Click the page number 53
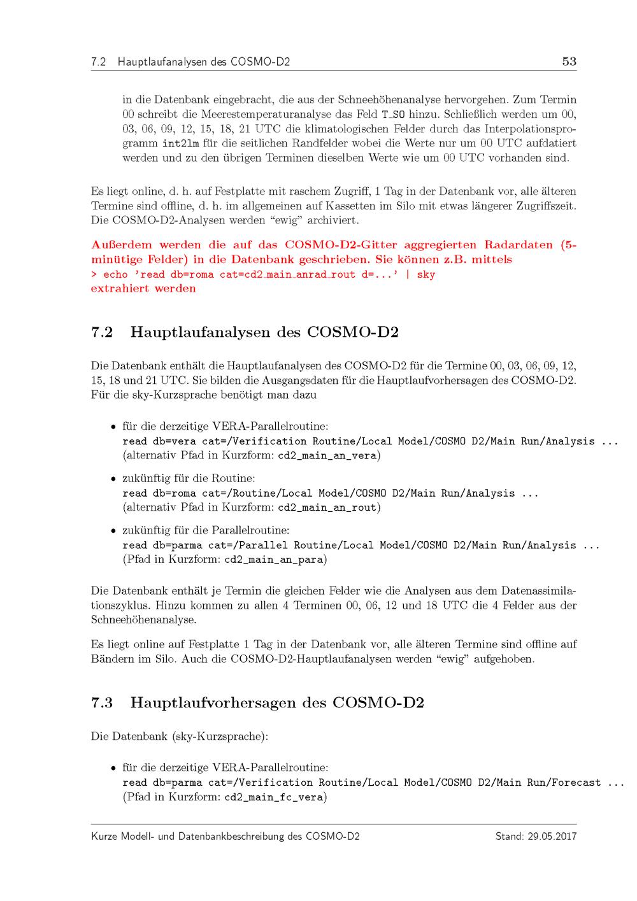click(569, 61)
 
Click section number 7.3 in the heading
click(102, 703)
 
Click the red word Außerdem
click(121, 245)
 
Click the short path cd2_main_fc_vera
click(275, 797)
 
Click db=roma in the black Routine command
click(174, 493)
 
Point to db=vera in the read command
click(174, 441)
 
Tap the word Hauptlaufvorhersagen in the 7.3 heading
click(226, 703)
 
